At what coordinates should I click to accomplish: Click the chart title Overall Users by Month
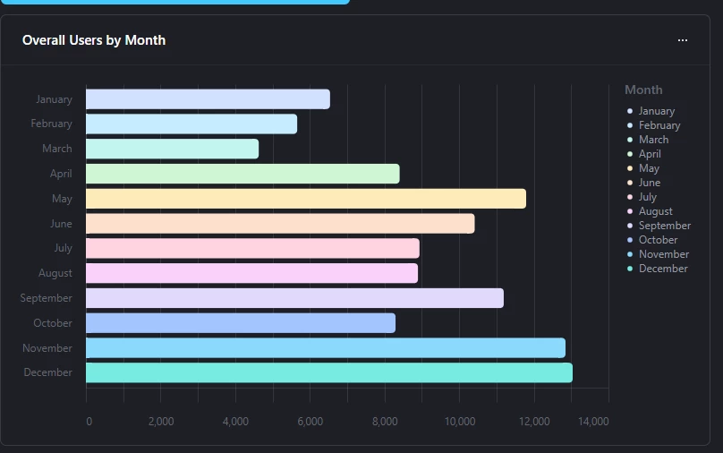[94, 40]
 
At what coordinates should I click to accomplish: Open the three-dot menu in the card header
[683, 40]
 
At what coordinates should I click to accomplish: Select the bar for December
[328, 372]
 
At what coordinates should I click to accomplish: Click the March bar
[172, 149]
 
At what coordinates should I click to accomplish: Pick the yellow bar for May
[305, 199]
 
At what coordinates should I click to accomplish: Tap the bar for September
[294, 298]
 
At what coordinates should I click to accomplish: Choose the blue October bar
[240, 323]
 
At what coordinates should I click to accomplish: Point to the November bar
[325, 348]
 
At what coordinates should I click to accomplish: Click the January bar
[208, 99]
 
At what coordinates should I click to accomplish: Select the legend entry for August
[655, 211]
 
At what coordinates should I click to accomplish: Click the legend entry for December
[662, 269]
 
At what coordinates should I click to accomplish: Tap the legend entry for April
[650, 154]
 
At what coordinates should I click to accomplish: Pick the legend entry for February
[659, 125]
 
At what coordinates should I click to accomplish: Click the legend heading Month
[643, 90]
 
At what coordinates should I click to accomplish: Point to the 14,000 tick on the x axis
[593, 421]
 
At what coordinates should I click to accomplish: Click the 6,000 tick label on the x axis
[310, 421]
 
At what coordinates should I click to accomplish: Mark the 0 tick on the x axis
[88, 421]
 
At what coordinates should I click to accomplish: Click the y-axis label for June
[61, 224]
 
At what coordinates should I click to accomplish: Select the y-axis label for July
[63, 248]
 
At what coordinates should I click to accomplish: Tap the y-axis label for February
[51, 124]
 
